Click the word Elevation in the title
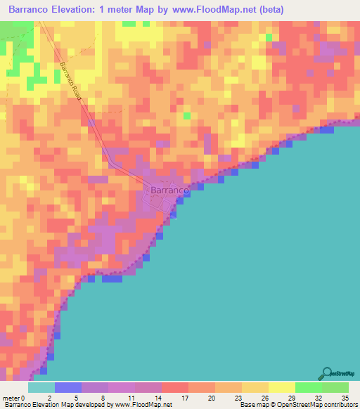click(93, 9)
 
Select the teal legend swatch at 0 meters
click(41, 387)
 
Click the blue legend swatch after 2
click(67, 387)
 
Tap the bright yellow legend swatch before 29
click(281, 387)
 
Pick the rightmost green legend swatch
click(335, 387)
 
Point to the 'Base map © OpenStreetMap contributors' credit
click(298, 404)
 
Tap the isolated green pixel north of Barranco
click(186, 115)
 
